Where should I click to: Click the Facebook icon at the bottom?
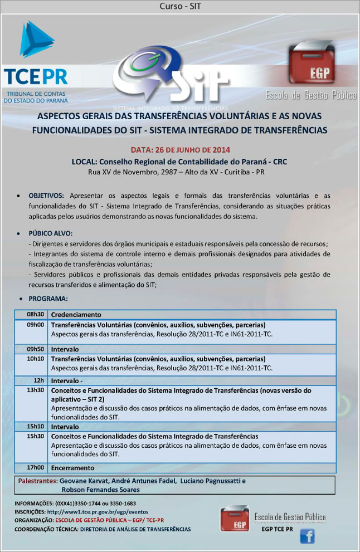pos(307,536)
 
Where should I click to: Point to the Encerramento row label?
pos(73,468)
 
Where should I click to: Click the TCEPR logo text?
pos(35,76)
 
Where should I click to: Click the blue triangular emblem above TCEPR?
pos(36,40)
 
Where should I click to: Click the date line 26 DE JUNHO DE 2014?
pos(181,150)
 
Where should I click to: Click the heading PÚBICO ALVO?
pos(51,233)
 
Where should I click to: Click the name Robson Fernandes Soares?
pos(100,490)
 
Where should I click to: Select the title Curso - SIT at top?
pos(179,6)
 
